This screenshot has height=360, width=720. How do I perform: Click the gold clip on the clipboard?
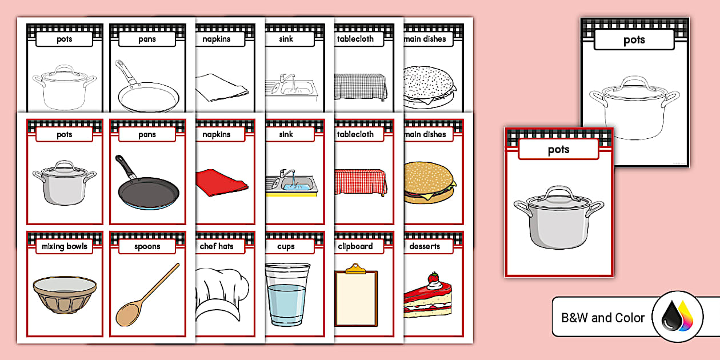pos(355,268)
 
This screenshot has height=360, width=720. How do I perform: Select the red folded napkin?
pos(221,182)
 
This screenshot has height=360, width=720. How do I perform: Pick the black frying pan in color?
pos(146,186)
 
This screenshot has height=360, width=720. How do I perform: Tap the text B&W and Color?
pos(603,318)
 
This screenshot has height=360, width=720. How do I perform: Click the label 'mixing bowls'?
pos(65,247)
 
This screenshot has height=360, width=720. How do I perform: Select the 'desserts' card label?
pos(425,247)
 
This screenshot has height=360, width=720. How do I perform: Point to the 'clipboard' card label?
pos(355,247)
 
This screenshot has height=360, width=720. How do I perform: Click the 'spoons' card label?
pos(147,247)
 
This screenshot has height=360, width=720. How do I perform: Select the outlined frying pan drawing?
pos(147,91)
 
